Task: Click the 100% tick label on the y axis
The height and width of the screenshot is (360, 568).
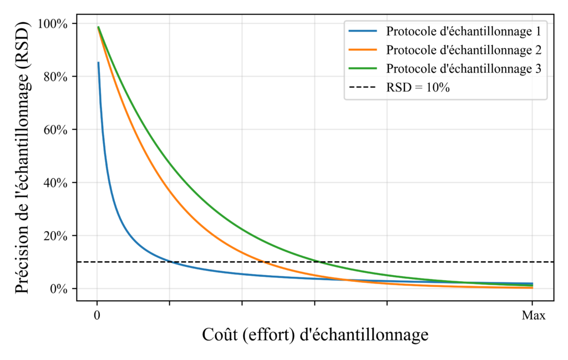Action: point(54,24)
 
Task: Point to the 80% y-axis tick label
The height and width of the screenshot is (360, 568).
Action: point(57,77)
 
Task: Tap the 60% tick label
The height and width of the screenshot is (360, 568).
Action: point(57,130)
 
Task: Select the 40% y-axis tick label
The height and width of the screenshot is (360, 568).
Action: point(57,183)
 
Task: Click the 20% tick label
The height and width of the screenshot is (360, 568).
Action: point(57,236)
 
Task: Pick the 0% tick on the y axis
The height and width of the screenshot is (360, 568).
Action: point(59,289)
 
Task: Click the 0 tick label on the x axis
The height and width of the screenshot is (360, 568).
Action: point(97,316)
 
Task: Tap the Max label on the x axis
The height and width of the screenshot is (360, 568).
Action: point(533,316)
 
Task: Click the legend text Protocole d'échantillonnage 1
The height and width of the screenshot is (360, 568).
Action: point(464,30)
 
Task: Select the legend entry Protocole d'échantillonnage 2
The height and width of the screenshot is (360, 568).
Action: point(464,50)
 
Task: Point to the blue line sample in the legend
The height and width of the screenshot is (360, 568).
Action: point(361,30)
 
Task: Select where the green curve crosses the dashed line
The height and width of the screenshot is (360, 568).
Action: point(321,262)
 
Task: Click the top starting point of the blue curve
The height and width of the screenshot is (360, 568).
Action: point(98,63)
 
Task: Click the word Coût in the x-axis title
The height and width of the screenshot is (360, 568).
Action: point(218,335)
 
